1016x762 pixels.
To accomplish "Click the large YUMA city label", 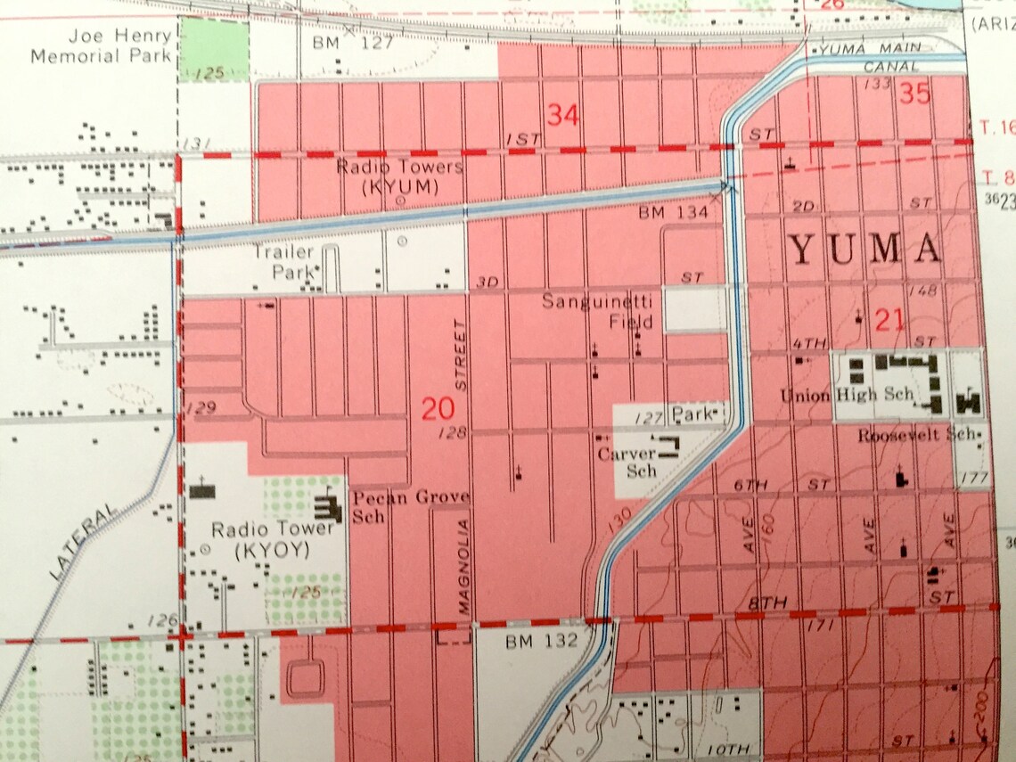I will click(865, 250).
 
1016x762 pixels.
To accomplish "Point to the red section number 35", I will click(915, 93).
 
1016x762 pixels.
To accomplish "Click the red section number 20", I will click(438, 409).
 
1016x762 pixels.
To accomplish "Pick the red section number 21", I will click(889, 318).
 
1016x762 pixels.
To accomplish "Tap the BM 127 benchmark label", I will click(352, 42).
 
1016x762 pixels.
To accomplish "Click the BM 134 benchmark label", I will click(673, 212).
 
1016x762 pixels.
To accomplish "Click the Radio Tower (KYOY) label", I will click(260, 540).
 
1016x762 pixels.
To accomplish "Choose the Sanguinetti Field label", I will click(598, 312).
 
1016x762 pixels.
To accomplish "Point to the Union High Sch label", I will click(847, 394).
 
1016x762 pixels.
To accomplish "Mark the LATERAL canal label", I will click(85, 542).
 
